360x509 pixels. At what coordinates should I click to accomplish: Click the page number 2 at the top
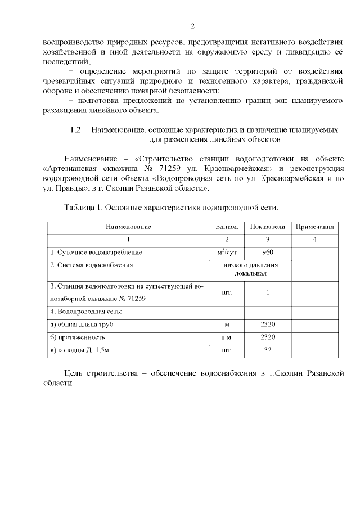point(192,26)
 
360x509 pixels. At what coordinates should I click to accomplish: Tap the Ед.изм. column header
point(227,227)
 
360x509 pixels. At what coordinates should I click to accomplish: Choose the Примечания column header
point(315,227)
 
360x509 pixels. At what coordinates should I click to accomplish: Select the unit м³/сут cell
point(227,252)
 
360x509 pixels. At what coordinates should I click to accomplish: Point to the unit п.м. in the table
point(227,337)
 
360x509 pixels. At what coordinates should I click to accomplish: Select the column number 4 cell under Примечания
point(315,240)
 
